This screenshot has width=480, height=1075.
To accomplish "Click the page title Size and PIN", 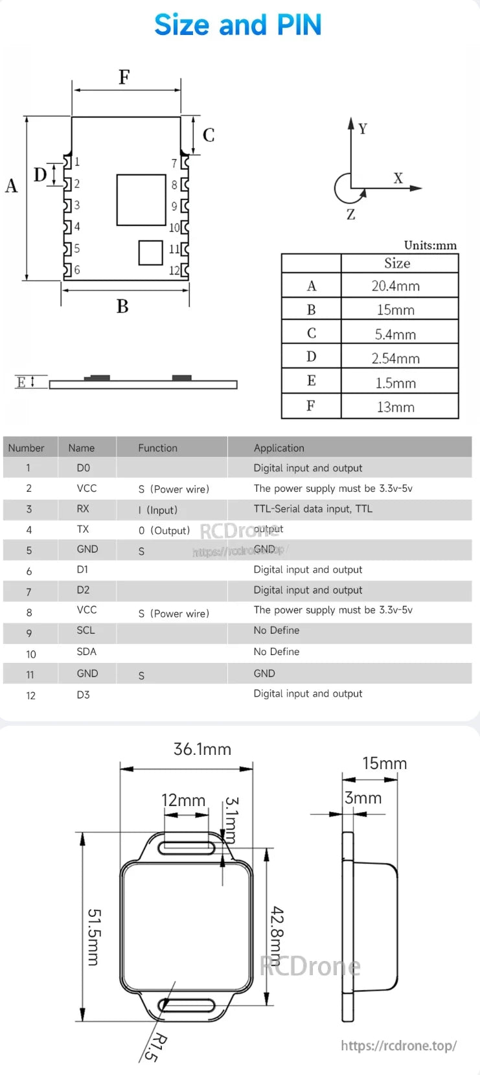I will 238,25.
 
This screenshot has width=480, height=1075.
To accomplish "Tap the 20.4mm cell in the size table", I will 395,286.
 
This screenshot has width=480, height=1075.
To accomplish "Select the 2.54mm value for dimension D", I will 395,358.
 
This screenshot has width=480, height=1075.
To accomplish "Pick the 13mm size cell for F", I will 395,407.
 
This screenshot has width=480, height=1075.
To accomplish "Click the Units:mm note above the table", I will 430,245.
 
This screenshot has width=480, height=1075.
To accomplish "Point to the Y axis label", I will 363,129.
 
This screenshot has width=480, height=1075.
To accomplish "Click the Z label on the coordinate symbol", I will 350,214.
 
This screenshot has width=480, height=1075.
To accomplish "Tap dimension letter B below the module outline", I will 122,306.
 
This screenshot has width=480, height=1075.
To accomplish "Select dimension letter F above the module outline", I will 124,78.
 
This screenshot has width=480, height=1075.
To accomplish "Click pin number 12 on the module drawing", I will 174,270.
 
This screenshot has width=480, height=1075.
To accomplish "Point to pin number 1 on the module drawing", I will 77,162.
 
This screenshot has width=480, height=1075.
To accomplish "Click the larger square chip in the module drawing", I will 141,200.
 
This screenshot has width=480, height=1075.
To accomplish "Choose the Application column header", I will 279,448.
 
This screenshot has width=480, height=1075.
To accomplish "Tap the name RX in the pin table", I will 83,509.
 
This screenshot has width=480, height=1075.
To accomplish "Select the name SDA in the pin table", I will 86,652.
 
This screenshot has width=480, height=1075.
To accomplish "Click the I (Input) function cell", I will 157,510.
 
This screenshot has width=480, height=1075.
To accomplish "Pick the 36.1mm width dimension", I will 202,749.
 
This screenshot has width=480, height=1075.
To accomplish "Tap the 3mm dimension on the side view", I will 363,798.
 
